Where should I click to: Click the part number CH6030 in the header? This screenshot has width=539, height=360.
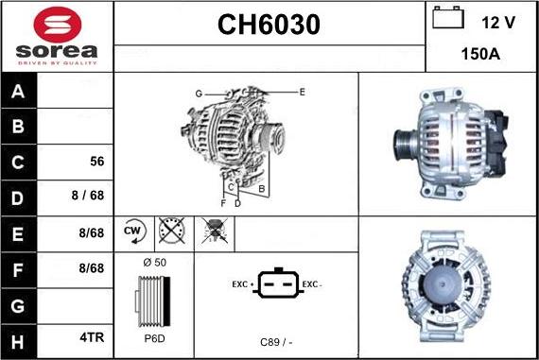tap(269, 25)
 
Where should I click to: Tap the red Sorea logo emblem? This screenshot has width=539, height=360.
tap(58, 25)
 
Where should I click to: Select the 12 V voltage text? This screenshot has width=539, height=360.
tap(498, 23)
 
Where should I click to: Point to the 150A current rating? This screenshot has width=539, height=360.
tap(480, 54)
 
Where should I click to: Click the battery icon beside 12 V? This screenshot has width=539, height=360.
tap(448, 18)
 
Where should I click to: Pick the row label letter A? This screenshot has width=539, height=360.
tap(18, 92)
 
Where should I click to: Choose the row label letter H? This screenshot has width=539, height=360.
tap(18, 342)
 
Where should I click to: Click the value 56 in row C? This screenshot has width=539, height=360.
tap(97, 162)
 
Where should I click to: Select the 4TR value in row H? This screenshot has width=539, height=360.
tap(92, 337)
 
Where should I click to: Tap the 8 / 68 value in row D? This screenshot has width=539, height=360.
tap(88, 195)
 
